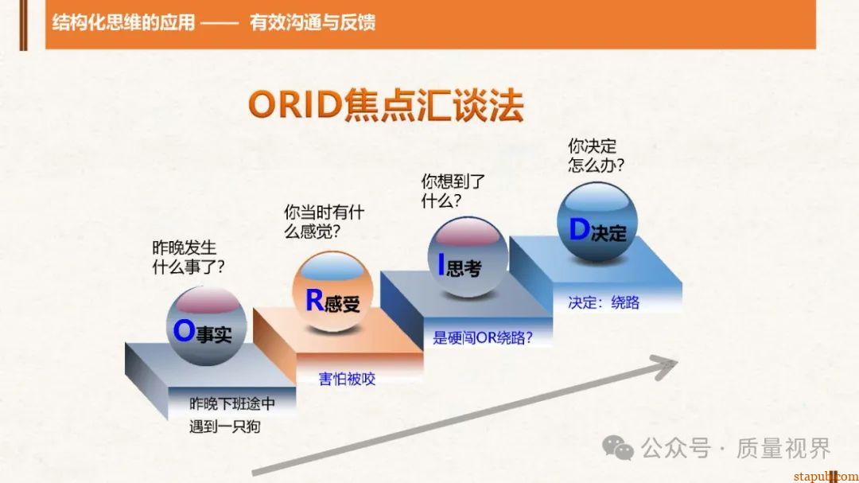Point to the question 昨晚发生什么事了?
click(x=188, y=258)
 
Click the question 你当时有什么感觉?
click(x=324, y=222)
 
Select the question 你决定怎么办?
click(x=595, y=155)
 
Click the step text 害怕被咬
click(x=347, y=379)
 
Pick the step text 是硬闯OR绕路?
click(x=483, y=337)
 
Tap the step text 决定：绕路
click(x=604, y=302)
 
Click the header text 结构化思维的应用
click(x=123, y=21)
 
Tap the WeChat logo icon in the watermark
click(x=618, y=447)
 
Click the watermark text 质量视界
click(x=783, y=448)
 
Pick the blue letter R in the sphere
click(x=315, y=299)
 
